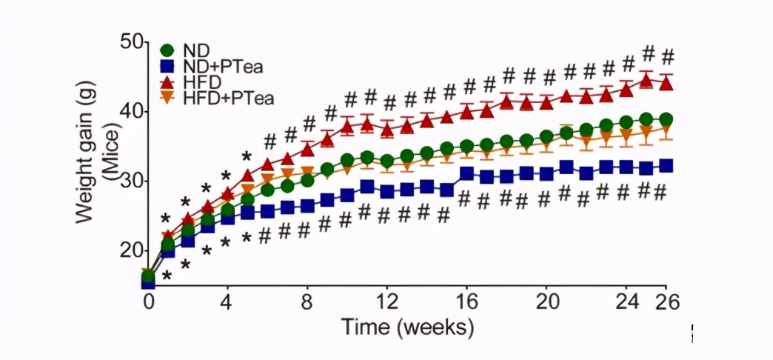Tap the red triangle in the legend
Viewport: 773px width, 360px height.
[x=167, y=81]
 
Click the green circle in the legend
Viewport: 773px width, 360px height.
[x=167, y=51]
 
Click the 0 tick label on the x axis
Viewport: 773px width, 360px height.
[x=149, y=301]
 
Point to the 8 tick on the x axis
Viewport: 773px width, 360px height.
[x=307, y=301]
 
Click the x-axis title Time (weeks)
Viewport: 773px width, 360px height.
[x=406, y=326]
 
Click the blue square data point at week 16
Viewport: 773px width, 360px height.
[x=466, y=174]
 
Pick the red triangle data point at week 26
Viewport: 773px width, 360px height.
[x=666, y=83]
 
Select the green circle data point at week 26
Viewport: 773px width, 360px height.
[x=666, y=119]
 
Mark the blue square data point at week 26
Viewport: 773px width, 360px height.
[x=666, y=166]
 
